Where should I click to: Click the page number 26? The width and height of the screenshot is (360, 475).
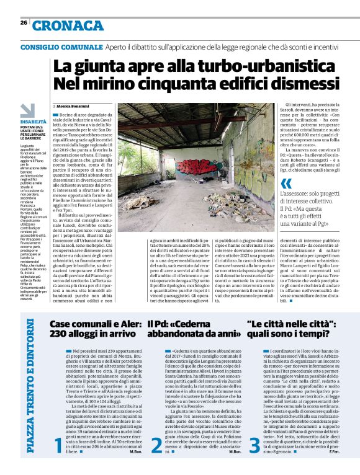point(23,23)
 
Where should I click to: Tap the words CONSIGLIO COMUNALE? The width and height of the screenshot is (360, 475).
point(61,47)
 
